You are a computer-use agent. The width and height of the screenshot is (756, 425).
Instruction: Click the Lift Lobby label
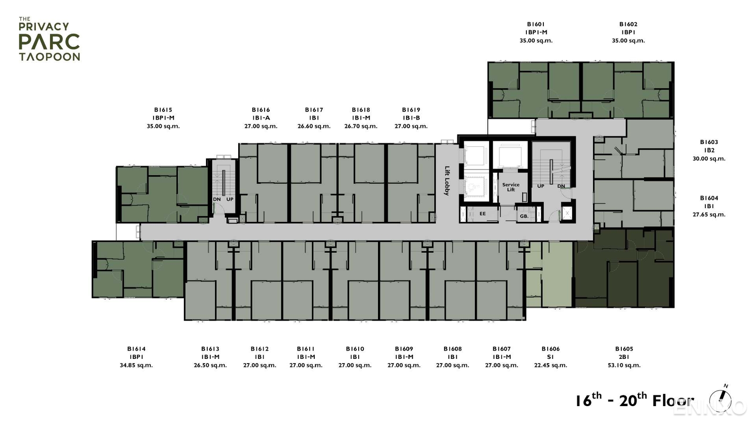tap(447, 180)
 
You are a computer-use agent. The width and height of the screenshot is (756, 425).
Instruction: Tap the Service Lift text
tap(511, 187)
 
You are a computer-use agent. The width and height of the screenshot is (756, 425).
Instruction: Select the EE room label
tap(482, 214)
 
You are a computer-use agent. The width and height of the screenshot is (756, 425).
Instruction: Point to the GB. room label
tap(524, 216)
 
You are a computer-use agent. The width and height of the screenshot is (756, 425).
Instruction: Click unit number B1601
tap(536, 24)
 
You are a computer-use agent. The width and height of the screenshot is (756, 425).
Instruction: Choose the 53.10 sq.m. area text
tap(624, 365)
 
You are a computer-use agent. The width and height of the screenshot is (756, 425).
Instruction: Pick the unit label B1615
tap(163, 110)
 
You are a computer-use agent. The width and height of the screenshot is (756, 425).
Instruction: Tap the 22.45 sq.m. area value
tap(550, 365)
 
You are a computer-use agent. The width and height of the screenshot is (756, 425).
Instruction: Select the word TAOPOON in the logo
tap(50, 57)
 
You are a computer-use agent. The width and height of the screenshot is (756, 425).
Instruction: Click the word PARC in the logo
tap(49, 42)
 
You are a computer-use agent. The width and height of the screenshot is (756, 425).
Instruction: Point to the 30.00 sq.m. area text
tap(709, 159)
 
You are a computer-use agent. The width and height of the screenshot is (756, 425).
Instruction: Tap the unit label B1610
tap(355, 349)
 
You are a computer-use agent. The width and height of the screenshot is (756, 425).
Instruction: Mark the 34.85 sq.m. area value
tap(136, 365)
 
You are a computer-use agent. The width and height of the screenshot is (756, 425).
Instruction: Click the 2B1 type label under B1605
tap(624, 357)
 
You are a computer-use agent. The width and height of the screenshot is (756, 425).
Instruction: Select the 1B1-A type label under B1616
tap(261, 118)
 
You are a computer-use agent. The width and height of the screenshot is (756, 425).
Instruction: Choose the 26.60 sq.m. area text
tap(314, 126)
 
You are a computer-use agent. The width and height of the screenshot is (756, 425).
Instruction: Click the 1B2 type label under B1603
tap(709, 150)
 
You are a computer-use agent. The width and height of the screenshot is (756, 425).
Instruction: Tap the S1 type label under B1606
tap(550, 357)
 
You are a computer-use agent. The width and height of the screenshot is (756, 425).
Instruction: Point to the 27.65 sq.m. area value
tap(709, 214)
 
